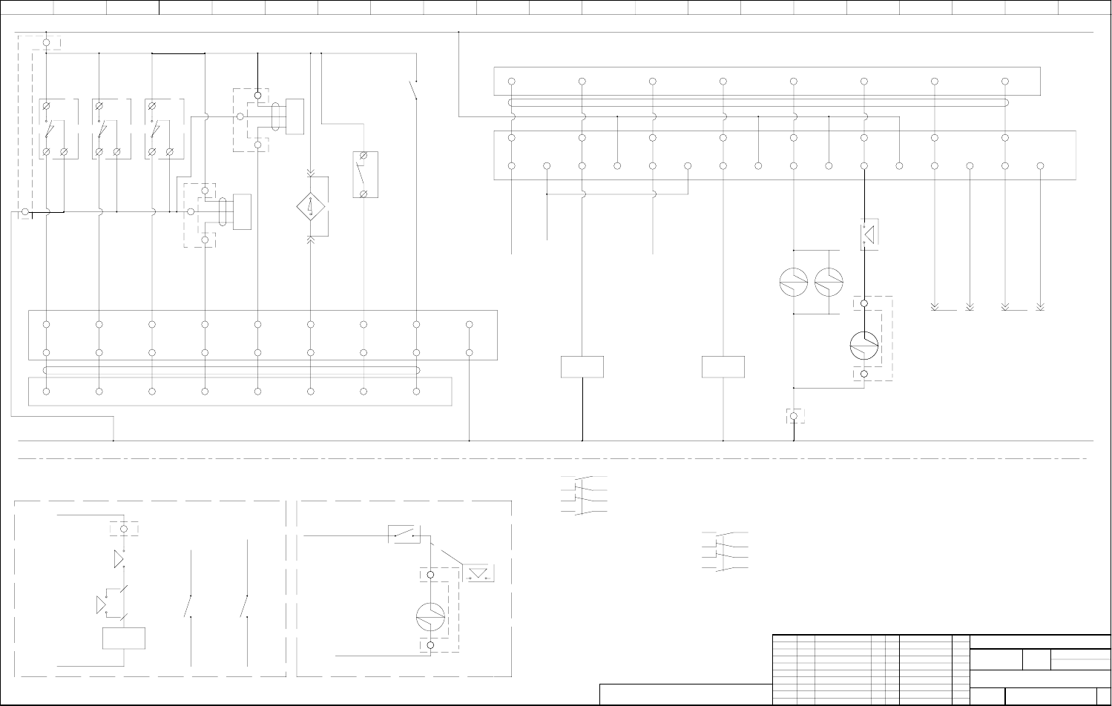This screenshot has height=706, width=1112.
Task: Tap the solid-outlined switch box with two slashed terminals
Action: point(365,174)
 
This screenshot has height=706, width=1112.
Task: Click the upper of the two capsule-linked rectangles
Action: point(295,116)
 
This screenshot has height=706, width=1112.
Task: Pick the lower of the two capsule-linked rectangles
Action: point(242,212)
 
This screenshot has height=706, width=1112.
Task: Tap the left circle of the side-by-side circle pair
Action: point(794,282)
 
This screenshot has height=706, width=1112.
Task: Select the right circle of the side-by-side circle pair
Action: point(828,282)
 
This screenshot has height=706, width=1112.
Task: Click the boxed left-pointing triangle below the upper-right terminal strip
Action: point(869,234)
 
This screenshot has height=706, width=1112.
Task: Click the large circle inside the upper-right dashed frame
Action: point(864,343)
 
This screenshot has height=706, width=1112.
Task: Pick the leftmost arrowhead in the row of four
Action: point(935,306)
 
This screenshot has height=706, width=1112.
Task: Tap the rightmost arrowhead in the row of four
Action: point(1040,306)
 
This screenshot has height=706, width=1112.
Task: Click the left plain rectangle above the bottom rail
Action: point(582,366)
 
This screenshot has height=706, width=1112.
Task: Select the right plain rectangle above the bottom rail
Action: point(723,366)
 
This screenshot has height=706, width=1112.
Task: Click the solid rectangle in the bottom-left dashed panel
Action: point(123,638)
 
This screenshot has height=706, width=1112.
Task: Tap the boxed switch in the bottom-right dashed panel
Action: point(404,534)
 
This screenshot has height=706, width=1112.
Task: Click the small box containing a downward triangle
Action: point(478,573)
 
